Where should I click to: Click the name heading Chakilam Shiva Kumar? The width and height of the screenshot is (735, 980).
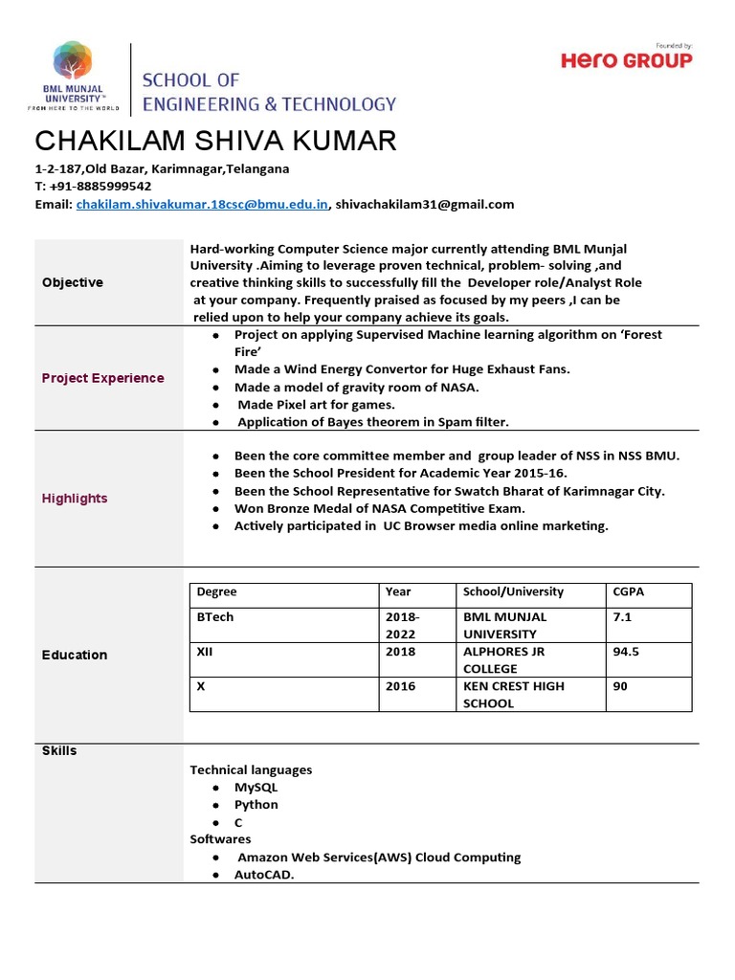[x=215, y=141]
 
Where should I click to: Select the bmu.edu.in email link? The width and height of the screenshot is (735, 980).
[x=202, y=204]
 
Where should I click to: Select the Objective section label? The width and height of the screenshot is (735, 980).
[x=73, y=282]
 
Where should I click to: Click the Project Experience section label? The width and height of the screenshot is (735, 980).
[x=102, y=378]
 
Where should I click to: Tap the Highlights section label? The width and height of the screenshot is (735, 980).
[x=75, y=499]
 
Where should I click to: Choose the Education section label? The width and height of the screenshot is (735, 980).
[x=75, y=655]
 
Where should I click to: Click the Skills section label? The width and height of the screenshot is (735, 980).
[x=59, y=751]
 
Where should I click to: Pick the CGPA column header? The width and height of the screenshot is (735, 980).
[x=628, y=591]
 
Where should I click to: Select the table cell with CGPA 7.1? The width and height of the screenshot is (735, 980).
[x=622, y=617]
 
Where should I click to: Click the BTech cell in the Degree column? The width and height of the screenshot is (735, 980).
[x=214, y=617]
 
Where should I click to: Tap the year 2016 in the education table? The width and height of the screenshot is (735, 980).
[x=400, y=686]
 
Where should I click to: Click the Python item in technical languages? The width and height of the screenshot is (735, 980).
[x=256, y=805]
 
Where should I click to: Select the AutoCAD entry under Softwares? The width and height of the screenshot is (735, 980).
[x=264, y=874]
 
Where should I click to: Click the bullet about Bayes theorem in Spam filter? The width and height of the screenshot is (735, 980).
[x=372, y=421]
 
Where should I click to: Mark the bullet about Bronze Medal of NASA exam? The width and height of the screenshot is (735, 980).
[x=379, y=508]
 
